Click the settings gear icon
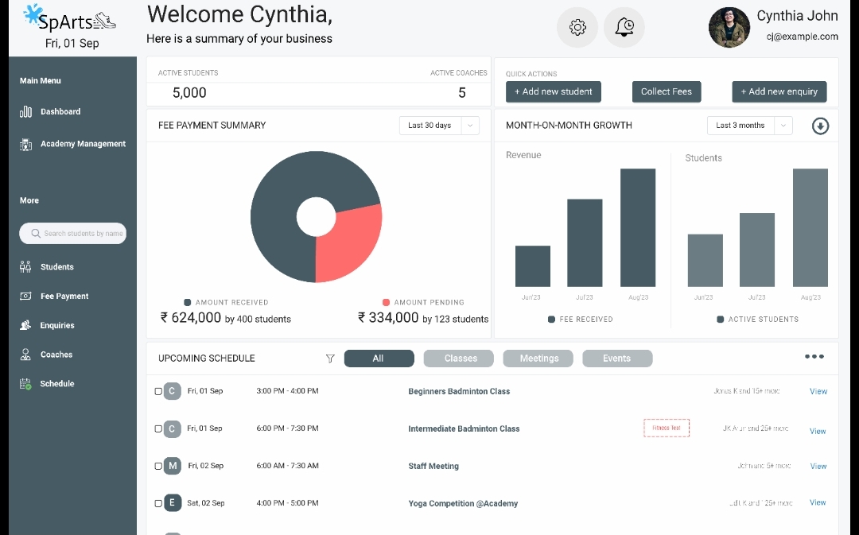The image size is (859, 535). (577, 28)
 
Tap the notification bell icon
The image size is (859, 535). (624, 28)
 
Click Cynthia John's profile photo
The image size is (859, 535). (729, 28)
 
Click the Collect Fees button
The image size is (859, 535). (667, 91)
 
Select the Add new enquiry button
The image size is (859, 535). (779, 91)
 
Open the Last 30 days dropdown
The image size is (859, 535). (439, 126)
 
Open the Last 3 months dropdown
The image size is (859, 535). (749, 126)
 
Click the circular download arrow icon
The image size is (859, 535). (820, 126)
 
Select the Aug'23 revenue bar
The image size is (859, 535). (638, 227)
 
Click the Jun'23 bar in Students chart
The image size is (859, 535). (705, 260)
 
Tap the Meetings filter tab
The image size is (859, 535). (539, 359)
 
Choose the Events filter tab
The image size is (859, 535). (617, 359)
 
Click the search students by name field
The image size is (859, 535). (73, 234)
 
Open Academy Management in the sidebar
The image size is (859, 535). (83, 144)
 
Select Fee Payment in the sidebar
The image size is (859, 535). (64, 297)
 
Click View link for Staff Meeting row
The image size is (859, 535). (818, 467)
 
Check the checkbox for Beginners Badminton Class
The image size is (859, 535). (158, 392)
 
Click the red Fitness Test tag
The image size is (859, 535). (667, 428)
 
